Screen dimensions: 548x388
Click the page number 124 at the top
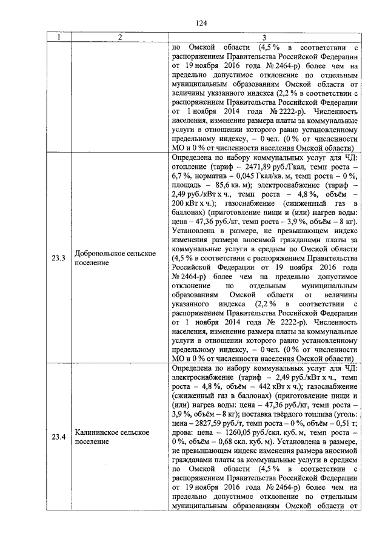pyautogui.click(x=201, y=23)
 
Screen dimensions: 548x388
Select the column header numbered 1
pyautogui.click(x=59, y=38)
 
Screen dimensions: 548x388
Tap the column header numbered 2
pyautogui.click(x=120, y=38)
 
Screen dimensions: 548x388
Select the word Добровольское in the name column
pyautogui.click(x=101, y=254)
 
